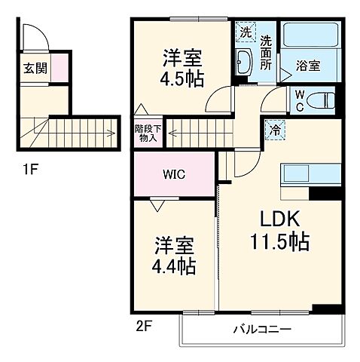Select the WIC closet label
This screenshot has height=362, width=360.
pos(175,173)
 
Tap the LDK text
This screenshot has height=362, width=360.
pos(280,219)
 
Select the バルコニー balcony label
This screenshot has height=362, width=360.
pos(261,330)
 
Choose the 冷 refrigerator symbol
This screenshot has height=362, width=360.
pos(275,130)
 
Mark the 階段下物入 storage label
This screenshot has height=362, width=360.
pos(147,133)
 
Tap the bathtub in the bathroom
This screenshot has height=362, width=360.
pos(310,38)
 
